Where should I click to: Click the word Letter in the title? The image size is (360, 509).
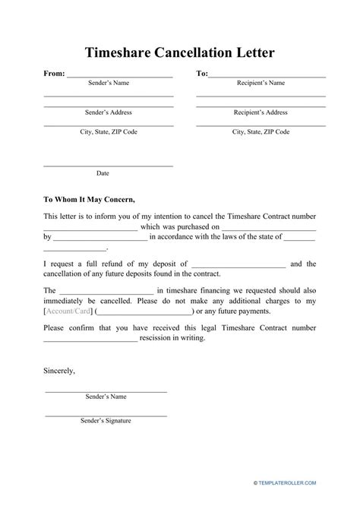point(250,53)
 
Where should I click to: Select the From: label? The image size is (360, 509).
point(55,74)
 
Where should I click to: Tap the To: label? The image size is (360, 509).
point(201,74)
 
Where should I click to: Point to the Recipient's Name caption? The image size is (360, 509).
point(261,83)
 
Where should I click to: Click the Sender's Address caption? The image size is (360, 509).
point(109,112)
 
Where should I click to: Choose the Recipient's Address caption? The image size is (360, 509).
point(261,112)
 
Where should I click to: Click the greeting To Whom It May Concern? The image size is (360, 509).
point(89,200)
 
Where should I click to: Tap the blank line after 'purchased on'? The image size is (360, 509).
point(269,226)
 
